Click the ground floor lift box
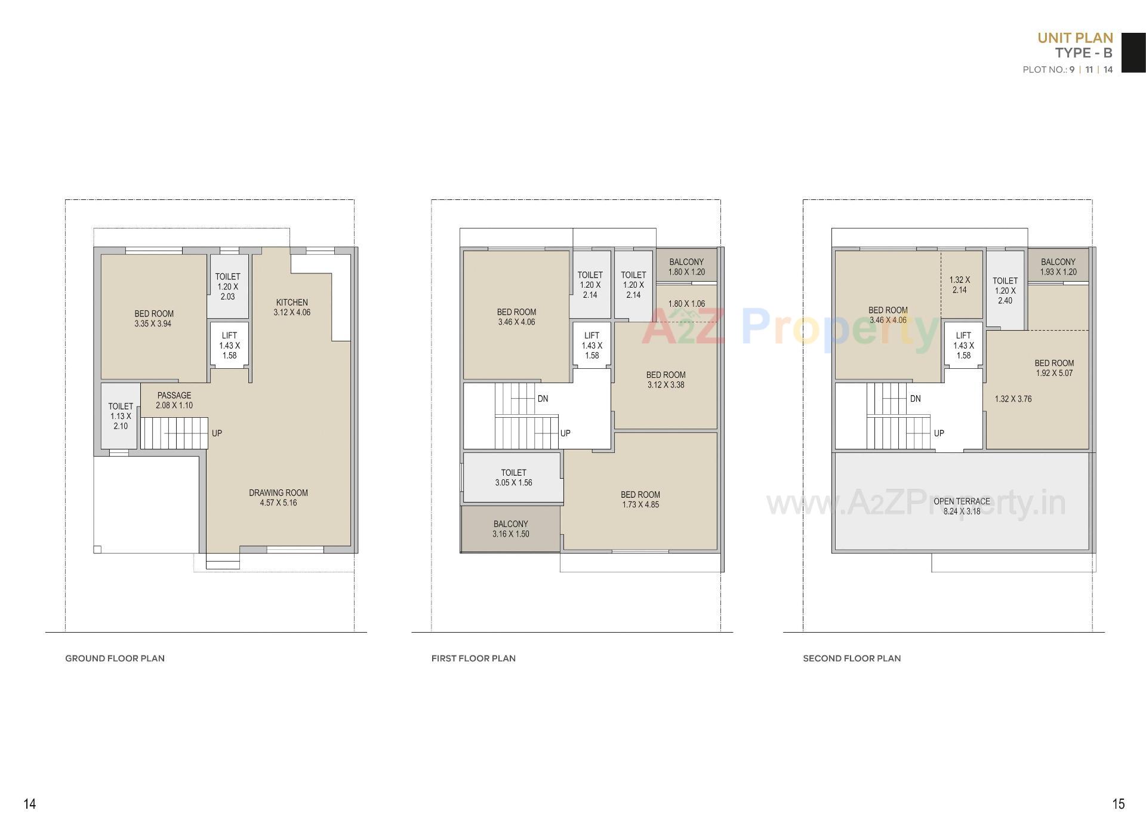229,345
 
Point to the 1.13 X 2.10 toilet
121,416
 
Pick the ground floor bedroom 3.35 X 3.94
153,318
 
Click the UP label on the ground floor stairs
217,433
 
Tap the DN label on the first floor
543,399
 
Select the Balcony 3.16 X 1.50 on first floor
510,529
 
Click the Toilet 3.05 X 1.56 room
513,477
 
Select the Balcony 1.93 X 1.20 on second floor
1058,266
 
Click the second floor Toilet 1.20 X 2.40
1005,290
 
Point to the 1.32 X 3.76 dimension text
1013,399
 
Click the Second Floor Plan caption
852,658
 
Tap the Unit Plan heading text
1075,38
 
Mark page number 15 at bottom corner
1119,804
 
